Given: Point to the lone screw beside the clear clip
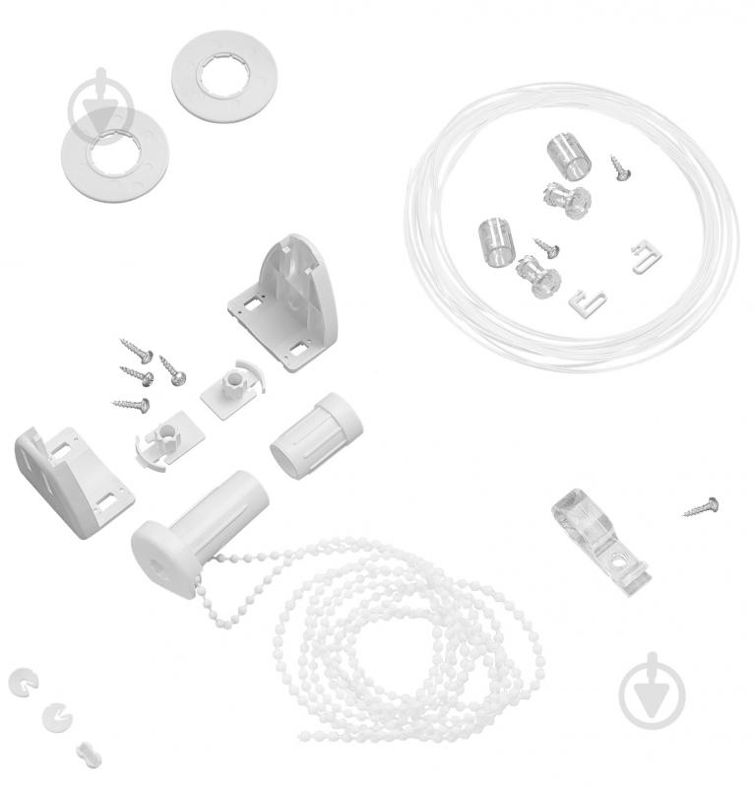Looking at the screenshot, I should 701,507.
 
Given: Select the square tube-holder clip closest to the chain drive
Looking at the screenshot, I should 158,444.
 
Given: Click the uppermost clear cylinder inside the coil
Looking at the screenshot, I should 565,156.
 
